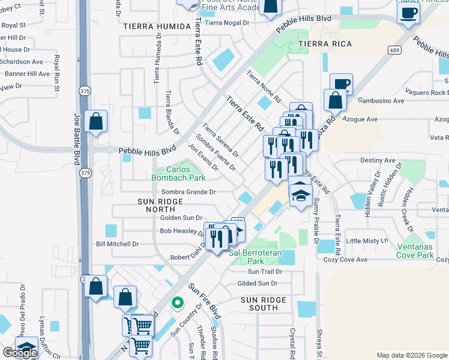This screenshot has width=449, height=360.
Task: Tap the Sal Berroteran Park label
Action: pos(255,257)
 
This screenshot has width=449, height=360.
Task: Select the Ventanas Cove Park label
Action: pos(423,251)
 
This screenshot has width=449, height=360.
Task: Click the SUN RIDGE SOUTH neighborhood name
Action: pos(268,303)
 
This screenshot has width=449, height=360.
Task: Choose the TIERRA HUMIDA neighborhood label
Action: pos(157,27)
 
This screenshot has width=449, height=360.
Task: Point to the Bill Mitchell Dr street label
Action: pos(117,244)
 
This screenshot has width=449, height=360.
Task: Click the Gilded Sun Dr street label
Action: pos(258,283)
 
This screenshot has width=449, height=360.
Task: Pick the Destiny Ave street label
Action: pos(378,161)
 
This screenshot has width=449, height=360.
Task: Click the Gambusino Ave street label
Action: pos(381,101)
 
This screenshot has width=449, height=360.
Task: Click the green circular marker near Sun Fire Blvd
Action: pos(176,303)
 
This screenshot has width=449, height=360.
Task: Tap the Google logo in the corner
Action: pos(20,353)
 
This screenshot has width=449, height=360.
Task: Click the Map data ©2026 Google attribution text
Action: pos(411,355)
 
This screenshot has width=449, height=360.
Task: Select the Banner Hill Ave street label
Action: pos(27,74)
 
